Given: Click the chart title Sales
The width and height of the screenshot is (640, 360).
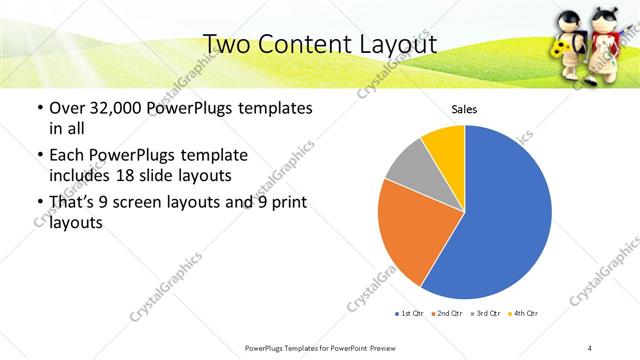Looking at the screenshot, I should pyautogui.click(x=464, y=108).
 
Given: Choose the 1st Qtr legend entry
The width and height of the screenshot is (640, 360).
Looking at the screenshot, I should pyautogui.click(x=412, y=314).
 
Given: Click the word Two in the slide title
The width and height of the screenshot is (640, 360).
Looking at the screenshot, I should pyautogui.click(x=228, y=44).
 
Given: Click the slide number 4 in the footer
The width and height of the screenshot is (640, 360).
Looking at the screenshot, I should pyautogui.click(x=590, y=347).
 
